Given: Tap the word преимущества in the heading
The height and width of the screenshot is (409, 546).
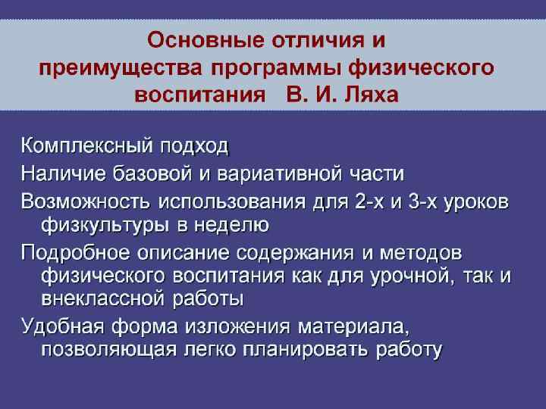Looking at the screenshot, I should pos(120,67).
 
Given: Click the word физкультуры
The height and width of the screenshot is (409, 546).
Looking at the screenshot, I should pos(95,225).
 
